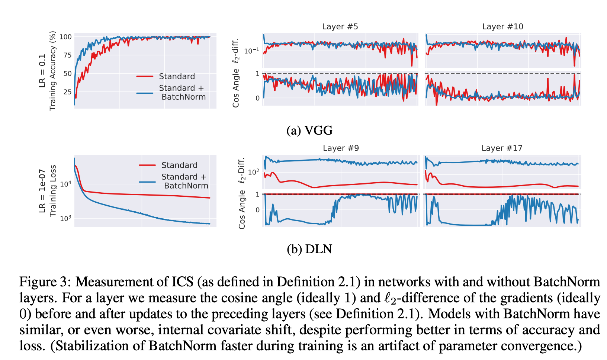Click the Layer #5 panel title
[340, 26]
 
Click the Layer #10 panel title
[502, 26]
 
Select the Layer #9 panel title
[341, 148]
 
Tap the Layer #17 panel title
[502, 148]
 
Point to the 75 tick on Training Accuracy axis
[67, 55]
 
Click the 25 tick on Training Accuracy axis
[67, 92]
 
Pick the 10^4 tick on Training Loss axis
[66, 184]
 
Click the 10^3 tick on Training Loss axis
[66, 218]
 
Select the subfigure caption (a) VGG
[309, 130]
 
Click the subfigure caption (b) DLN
[309, 249]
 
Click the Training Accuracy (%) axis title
[52, 71]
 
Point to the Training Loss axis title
[52, 190]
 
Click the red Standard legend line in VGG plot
[145, 77]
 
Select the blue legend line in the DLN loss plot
[147, 181]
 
